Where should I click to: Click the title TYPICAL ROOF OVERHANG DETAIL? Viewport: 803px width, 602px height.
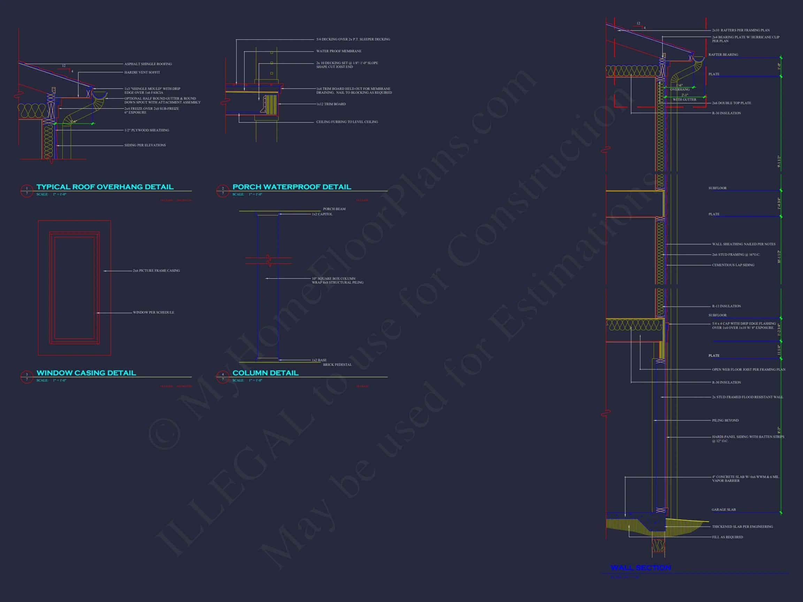[x=105, y=187]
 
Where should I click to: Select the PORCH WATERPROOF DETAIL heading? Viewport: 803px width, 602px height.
[x=291, y=187]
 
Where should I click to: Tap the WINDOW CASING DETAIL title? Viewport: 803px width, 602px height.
[x=86, y=373]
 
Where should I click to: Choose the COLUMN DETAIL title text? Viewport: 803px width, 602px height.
[x=265, y=373]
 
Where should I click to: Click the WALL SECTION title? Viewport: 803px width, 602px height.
[x=640, y=568]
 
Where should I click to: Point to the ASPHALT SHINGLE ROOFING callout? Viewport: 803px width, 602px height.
[x=148, y=64]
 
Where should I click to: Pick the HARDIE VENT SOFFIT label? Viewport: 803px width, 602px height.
[x=142, y=72]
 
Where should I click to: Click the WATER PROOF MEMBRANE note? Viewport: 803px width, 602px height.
[x=339, y=51]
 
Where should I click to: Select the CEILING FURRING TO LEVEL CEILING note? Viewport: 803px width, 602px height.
[x=347, y=122]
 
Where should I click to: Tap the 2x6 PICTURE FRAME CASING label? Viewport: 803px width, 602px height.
[x=156, y=271]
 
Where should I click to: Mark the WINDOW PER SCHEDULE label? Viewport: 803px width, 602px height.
[x=153, y=312]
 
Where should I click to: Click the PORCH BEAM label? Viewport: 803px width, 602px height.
[x=334, y=209]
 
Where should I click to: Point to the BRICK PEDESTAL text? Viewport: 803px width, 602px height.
[x=337, y=365]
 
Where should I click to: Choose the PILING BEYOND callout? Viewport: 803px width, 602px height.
[x=725, y=420]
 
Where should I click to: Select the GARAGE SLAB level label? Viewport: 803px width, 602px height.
[x=724, y=510]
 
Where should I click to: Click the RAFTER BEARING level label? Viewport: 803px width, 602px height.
[x=723, y=55]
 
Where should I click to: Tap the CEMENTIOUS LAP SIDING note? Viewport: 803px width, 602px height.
[x=733, y=265]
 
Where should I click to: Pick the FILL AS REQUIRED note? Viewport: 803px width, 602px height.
[x=727, y=537]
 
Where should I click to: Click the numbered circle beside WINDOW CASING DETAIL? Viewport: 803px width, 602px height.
[x=26, y=377]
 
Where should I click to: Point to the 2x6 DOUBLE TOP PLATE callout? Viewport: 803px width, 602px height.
[x=731, y=103]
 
